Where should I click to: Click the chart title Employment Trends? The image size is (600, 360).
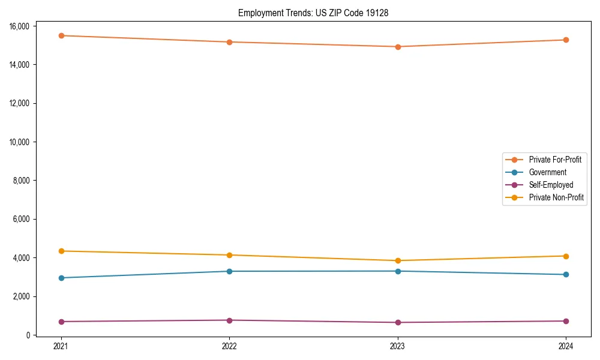pos(313,13)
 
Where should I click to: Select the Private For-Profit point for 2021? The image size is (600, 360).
pos(61,35)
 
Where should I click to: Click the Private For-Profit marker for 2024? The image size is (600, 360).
pos(566,40)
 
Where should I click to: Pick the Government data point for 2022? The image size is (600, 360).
pos(229,271)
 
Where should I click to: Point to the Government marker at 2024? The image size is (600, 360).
pos(566,275)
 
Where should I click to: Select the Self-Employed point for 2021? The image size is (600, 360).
pos(61,322)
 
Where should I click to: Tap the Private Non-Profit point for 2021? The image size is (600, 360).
pos(61,251)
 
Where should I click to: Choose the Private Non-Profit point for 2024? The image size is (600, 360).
pos(566,256)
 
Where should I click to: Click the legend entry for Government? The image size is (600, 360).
pos(547,172)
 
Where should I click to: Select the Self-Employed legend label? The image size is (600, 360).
pos(551,185)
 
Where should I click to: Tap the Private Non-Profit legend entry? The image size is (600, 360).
pos(556,197)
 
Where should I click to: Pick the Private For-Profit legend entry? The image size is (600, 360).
pos(555,160)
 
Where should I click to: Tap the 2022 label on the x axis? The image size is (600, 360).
pos(229,346)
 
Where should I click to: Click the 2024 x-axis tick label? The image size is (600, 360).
pos(566,346)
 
